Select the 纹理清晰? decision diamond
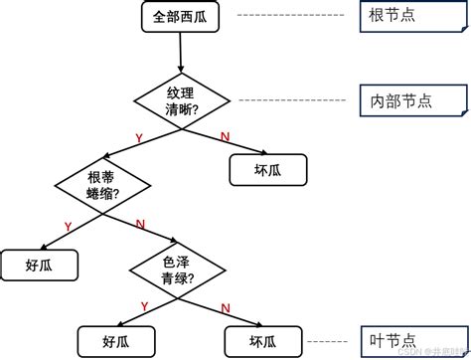(182, 100)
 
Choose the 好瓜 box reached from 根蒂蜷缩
(40, 265)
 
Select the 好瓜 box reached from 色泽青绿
(116, 340)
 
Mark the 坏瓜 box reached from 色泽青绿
(257, 340)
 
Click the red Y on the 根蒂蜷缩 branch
(68, 227)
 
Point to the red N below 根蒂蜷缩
(139, 224)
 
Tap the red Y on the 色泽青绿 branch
(144, 306)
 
